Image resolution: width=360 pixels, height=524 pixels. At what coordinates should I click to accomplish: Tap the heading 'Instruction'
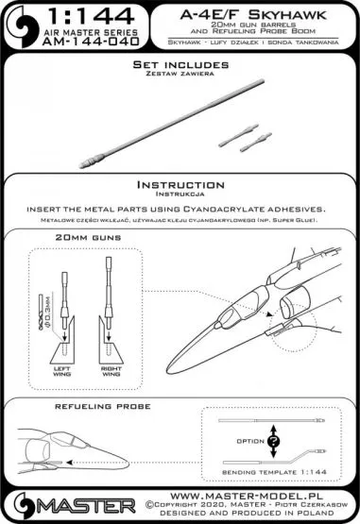pos(180,185)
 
